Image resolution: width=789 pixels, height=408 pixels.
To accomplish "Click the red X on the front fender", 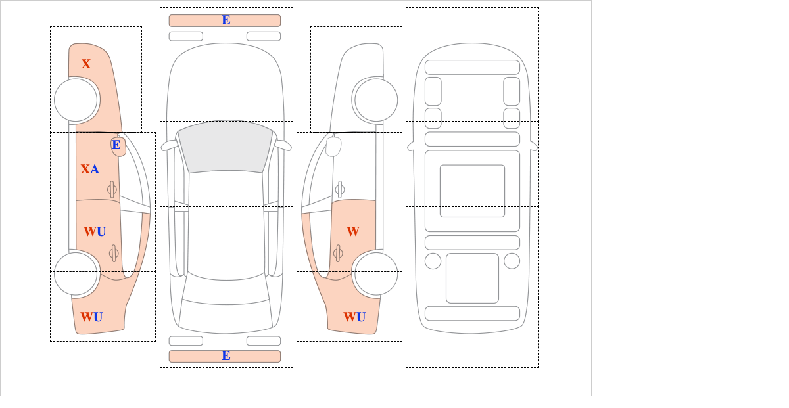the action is (x=86, y=64).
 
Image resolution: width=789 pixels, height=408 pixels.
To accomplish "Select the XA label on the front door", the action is (x=90, y=170).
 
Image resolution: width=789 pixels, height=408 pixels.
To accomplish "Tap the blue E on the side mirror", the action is (x=116, y=145).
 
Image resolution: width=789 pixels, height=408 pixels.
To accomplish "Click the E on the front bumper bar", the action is (x=226, y=20).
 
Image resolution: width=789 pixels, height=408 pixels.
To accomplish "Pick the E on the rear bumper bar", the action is (x=226, y=356).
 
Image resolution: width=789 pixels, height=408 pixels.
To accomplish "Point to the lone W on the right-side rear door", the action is (x=353, y=232).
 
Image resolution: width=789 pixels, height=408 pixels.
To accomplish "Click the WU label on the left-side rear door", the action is (x=95, y=232).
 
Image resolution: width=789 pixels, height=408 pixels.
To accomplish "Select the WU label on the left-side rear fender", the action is (x=91, y=317).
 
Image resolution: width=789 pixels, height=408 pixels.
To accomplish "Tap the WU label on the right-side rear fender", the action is (x=354, y=317).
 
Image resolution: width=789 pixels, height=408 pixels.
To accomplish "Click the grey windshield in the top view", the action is (x=226, y=147).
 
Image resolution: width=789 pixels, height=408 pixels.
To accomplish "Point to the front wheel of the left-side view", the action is (x=76, y=101).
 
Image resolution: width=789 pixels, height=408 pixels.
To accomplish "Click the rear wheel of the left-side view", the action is (x=76, y=273).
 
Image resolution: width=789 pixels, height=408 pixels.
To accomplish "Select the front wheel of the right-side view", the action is (x=376, y=101).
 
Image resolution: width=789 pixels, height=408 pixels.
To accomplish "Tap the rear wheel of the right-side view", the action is (x=376, y=273).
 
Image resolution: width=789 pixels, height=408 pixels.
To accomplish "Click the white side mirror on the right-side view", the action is (x=333, y=147).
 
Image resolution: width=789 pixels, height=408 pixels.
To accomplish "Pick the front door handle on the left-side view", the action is (x=112, y=190).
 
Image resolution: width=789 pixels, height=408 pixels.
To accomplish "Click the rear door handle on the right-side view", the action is (x=338, y=253).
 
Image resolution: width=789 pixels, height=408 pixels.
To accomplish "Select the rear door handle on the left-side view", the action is (x=114, y=253).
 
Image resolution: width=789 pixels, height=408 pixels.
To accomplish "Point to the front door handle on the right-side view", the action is (x=340, y=190).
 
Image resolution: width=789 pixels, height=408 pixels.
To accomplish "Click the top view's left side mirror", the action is (x=169, y=145).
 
